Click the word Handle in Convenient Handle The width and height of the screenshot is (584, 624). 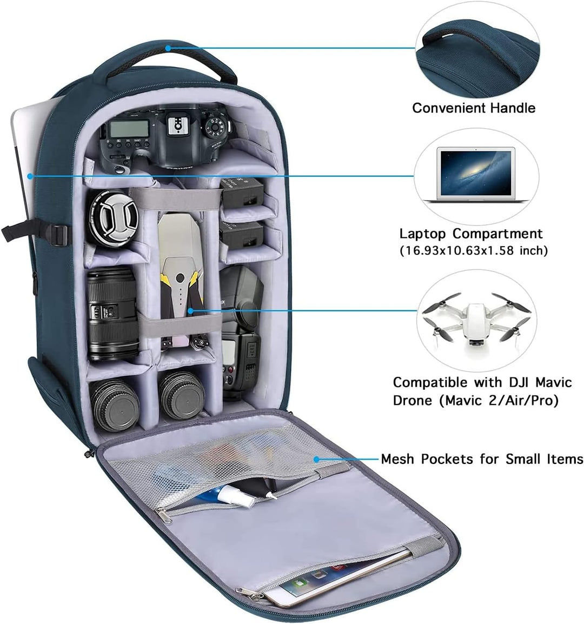(513, 108)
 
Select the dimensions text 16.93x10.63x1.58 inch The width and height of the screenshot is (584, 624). (474, 251)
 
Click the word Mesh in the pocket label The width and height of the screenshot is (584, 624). (399, 459)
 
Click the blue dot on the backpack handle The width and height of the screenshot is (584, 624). (168, 48)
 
